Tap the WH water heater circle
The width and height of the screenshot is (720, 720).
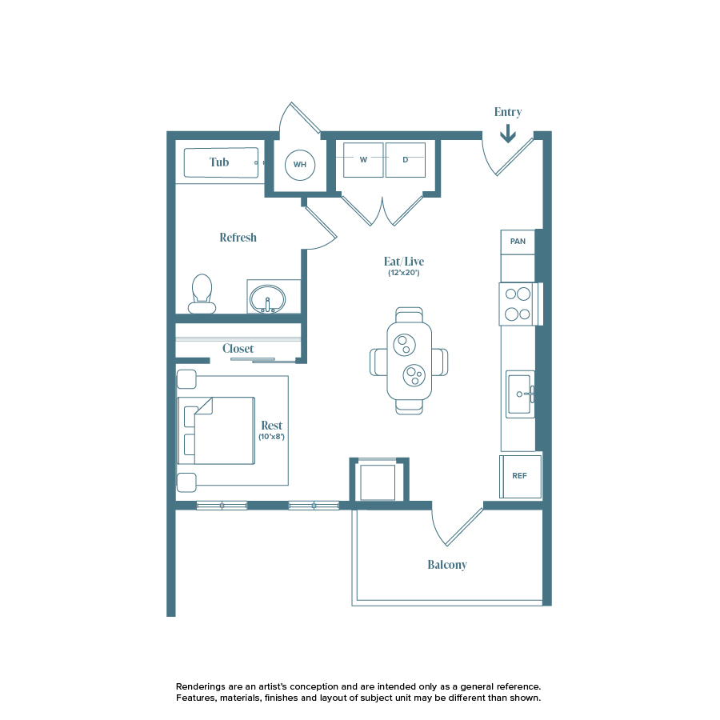pyautogui.click(x=300, y=165)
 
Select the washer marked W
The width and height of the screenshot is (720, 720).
pyautogui.click(x=363, y=160)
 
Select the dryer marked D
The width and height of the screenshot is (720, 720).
pyautogui.click(x=406, y=160)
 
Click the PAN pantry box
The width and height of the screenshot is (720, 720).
pyautogui.click(x=518, y=242)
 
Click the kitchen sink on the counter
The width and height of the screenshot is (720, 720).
pyautogui.click(x=520, y=394)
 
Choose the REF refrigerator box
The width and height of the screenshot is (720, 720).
pyautogui.click(x=520, y=476)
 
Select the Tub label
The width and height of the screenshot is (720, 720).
pyautogui.click(x=219, y=162)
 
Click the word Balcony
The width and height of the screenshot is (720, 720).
pyautogui.click(x=446, y=565)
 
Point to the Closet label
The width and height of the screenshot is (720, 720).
pyautogui.click(x=238, y=349)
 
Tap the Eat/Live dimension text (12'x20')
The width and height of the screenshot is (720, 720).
pyautogui.click(x=404, y=274)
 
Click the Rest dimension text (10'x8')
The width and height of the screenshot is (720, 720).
pyautogui.click(x=270, y=438)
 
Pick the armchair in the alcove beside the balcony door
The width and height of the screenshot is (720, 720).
pyautogui.click(x=378, y=482)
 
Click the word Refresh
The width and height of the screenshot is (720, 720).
pyautogui.click(x=238, y=238)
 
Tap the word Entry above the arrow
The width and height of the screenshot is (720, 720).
pyautogui.click(x=508, y=113)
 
